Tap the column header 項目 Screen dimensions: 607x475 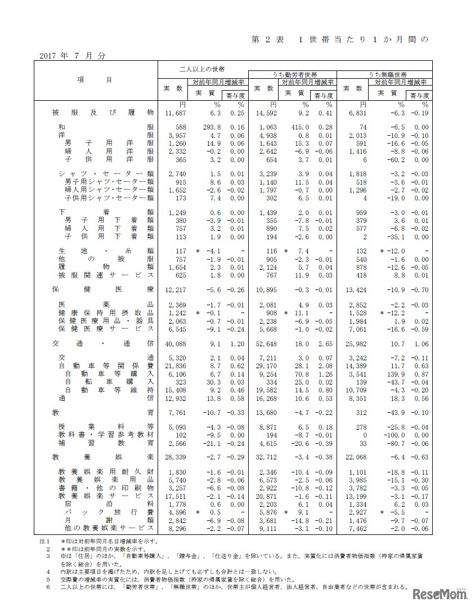[94, 80]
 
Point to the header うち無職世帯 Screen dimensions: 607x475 [388, 74]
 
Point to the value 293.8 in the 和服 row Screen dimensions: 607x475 [206, 128]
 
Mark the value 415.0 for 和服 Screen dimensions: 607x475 [298, 128]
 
